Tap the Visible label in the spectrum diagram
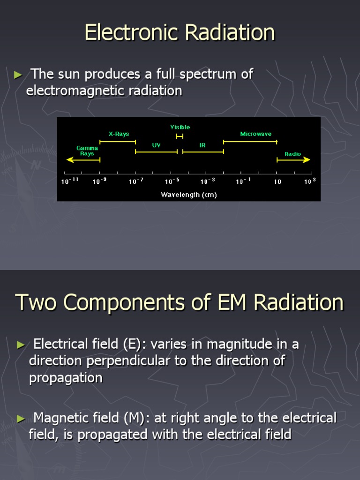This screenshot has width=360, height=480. (180, 127)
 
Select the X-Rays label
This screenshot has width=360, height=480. (119, 134)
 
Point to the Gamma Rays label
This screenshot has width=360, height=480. (87, 151)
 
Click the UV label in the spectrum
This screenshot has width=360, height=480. (156, 145)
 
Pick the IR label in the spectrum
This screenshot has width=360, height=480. (202, 145)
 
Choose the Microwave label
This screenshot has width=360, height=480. (255, 134)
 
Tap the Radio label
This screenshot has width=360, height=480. (293, 154)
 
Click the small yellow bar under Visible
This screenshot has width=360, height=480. (180, 136)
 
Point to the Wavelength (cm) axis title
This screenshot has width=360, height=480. (188, 195)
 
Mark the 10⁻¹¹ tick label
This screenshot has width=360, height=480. (70, 181)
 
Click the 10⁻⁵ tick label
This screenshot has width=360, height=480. (172, 181)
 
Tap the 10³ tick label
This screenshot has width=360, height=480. (310, 181)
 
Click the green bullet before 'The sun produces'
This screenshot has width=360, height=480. (18, 75)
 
